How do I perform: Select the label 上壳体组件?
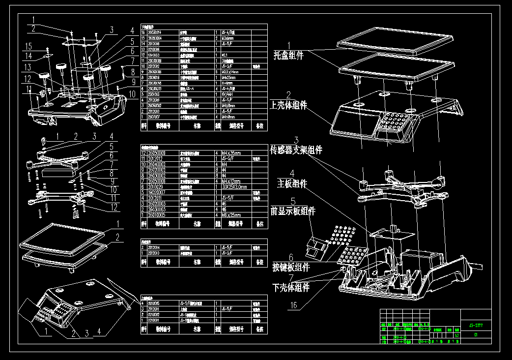288,105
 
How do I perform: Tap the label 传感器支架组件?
296,150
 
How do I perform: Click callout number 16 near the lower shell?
293,305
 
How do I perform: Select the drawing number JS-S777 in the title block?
475,325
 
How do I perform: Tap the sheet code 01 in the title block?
475,335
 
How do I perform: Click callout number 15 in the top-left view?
28,46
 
